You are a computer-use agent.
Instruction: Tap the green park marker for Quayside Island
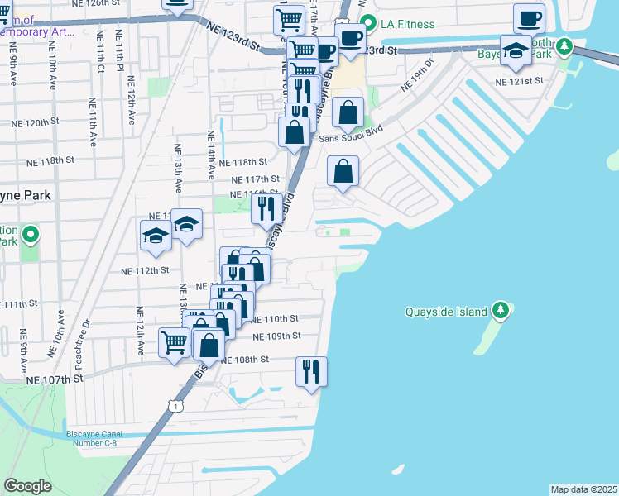click(x=500, y=311)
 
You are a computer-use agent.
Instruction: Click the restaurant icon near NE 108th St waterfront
click(x=311, y=371)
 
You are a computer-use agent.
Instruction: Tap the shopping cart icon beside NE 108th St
click(x=174, y=341)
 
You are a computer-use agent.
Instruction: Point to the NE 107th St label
click(x=55, y=379)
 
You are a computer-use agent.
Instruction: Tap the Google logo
click(x=27, y=486)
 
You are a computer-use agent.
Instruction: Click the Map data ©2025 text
click(x=583, y=489)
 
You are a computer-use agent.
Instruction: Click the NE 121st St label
click(x=518, y=81)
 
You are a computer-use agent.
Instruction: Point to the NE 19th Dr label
click(x=417, y=74)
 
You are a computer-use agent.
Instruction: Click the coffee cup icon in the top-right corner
click(x=529, y=18)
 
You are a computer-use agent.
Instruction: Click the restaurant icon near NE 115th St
click(x=266, y=207)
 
